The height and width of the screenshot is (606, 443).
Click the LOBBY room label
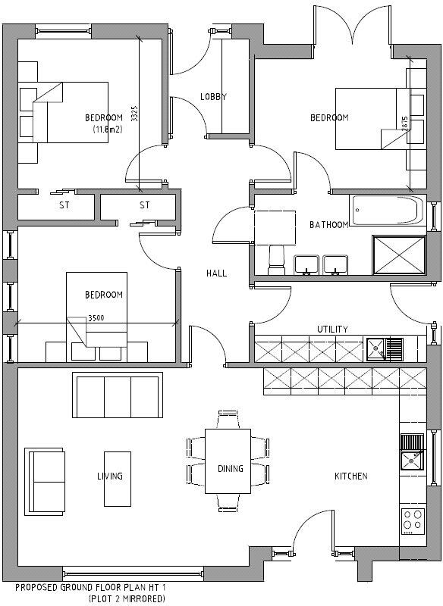pyautogui.click(x=213, y=97)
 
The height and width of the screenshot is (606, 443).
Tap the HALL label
pyautogui.click(x=216, y=273)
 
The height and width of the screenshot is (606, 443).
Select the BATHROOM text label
pyautogui.click(x=329, y=225)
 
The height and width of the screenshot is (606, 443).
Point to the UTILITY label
pyautogui.click(x=332, y=330)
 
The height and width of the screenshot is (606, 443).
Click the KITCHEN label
pyautogui.click(x=351, y=476)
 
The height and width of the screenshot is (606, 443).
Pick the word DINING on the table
pyautogui.click(x=231, y=469)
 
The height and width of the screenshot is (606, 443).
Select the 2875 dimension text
pyautogui.click(x=405, y=125)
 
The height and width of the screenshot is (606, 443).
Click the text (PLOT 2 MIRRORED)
pyautogui.click(x=126, y=598)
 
